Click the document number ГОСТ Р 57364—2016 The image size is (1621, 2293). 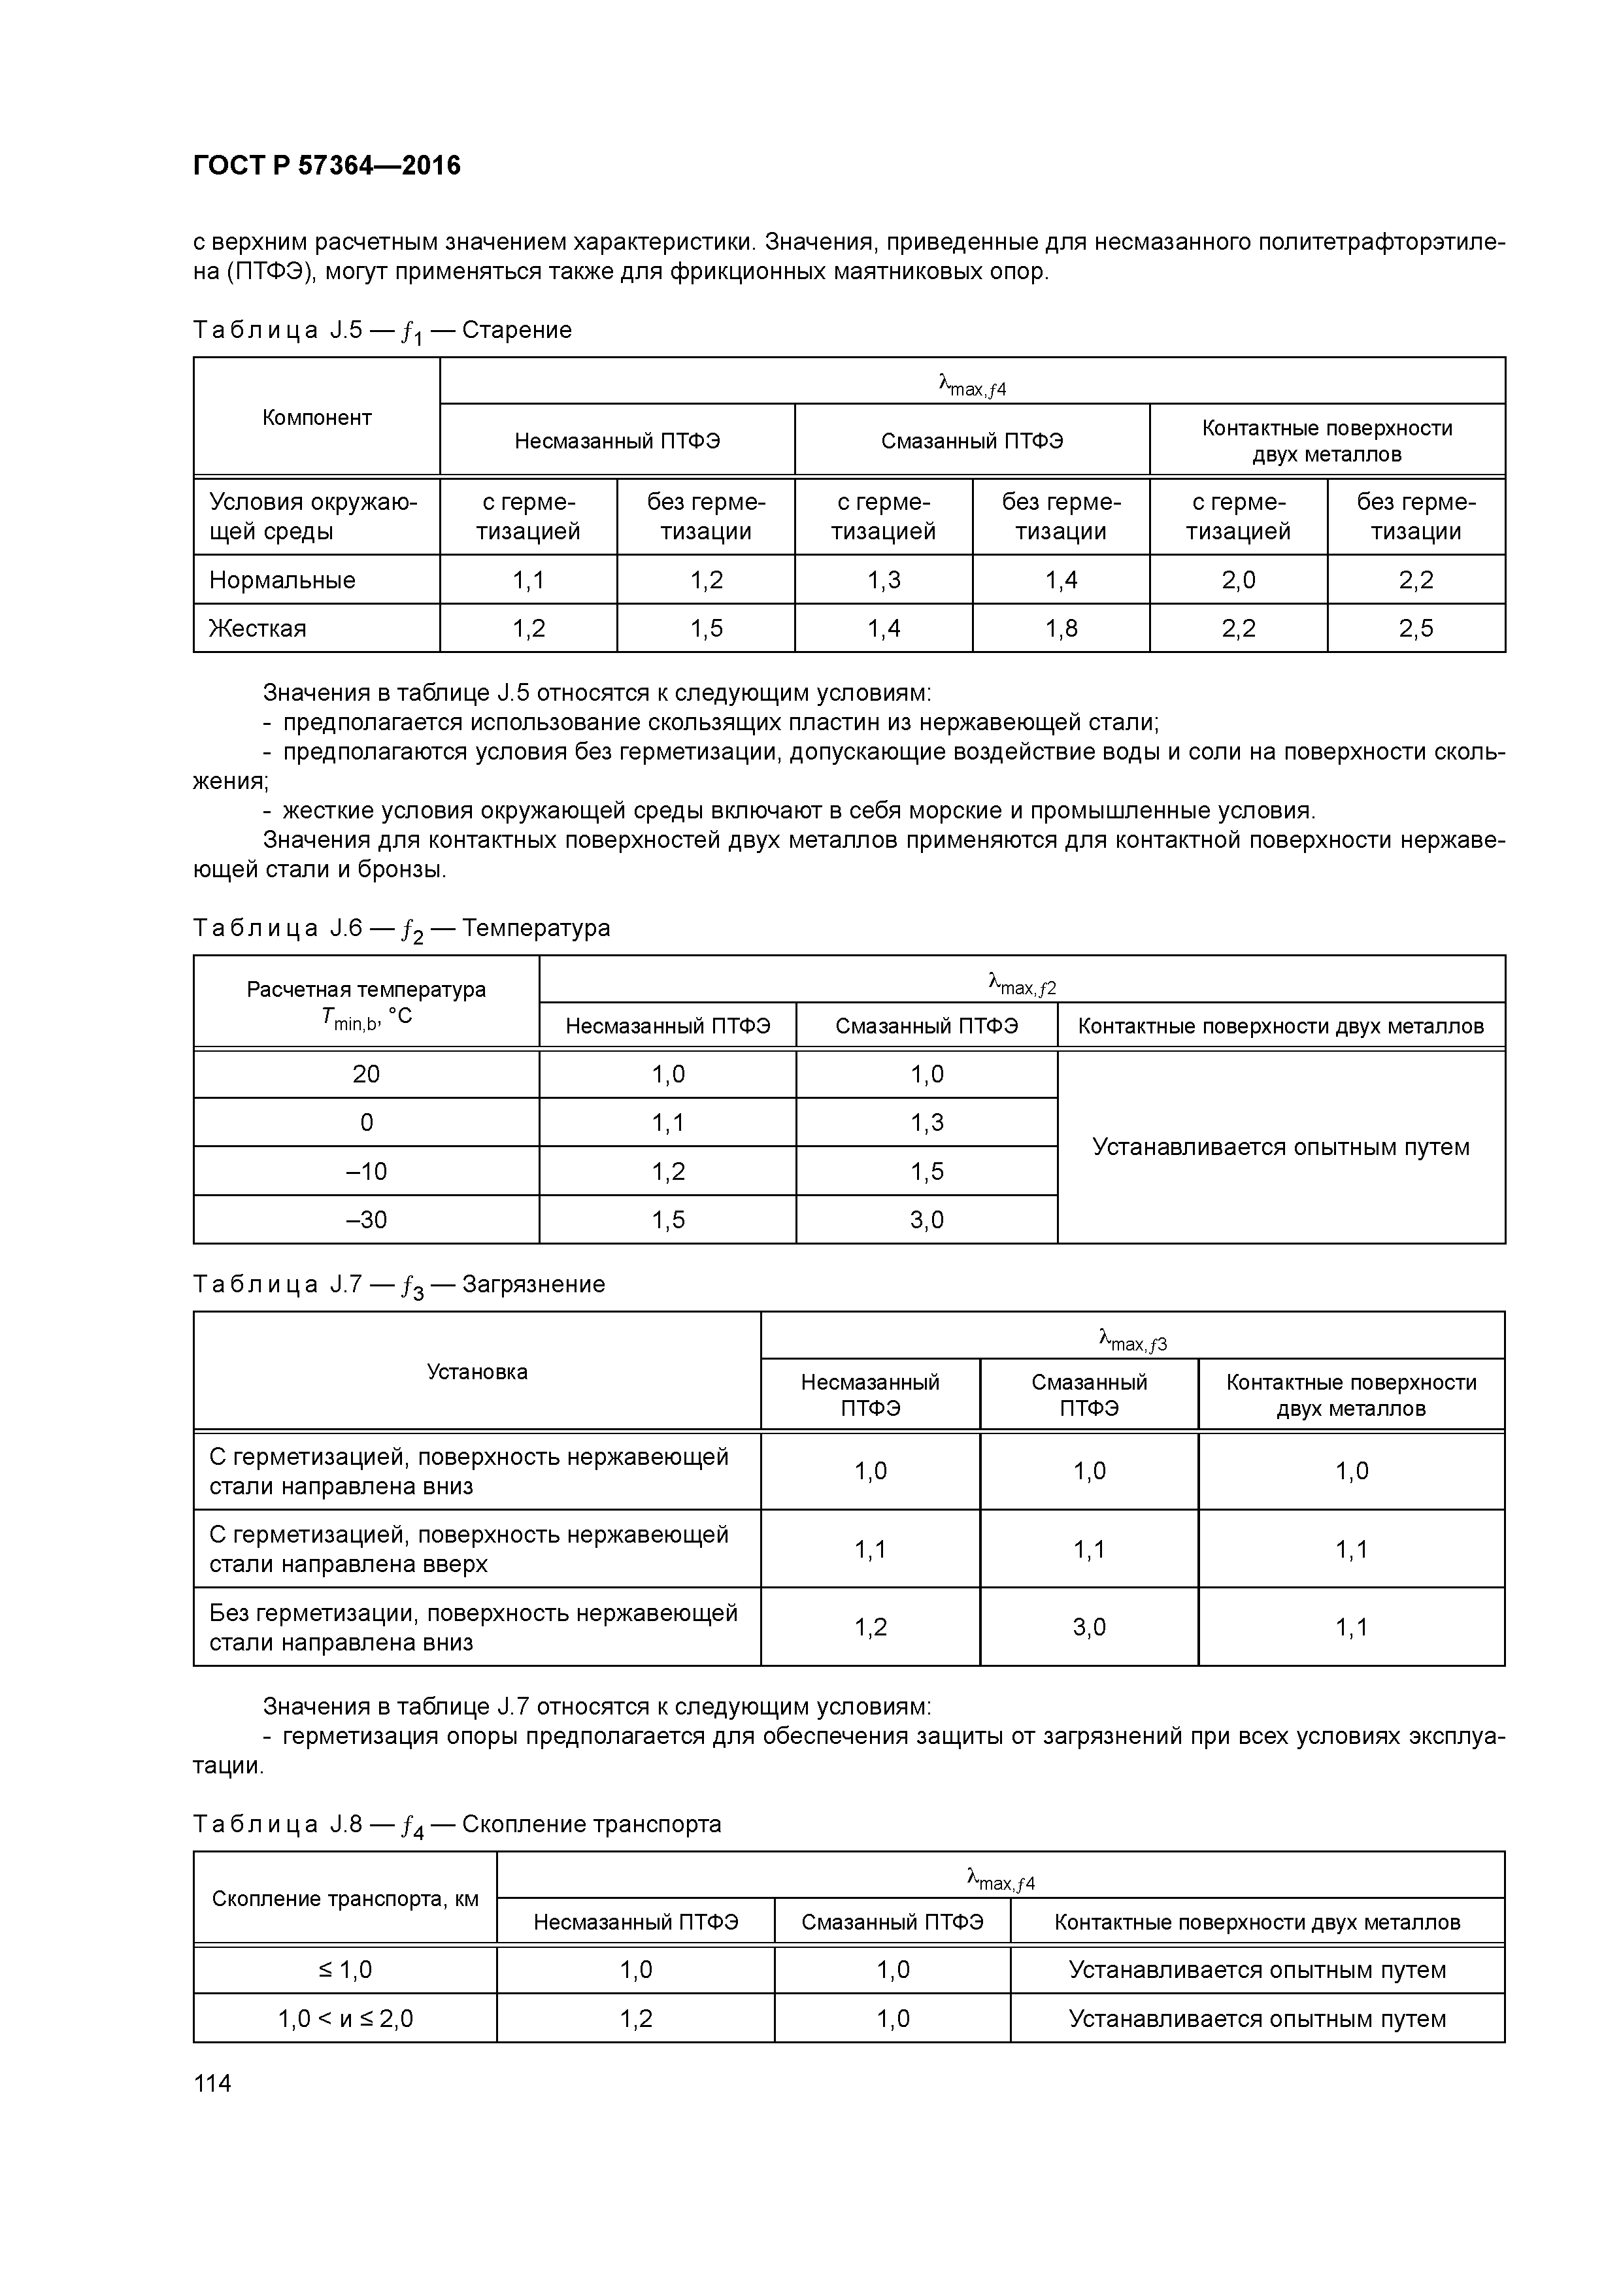click(327, 166)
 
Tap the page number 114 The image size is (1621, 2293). click(212, 2083)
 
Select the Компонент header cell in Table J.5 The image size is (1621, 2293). click(316, 418)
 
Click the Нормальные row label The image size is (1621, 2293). click(282, 580)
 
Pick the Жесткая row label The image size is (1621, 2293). click(258, 628)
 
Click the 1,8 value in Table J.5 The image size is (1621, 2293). click(1061, 628)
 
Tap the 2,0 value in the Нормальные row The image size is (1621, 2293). click(1239, 580)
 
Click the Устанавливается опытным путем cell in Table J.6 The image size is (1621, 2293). click(1280, 1146)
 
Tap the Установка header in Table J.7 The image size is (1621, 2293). click(476, 1372)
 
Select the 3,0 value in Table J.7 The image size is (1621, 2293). click(1089, 1628)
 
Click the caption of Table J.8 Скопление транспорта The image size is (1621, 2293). click(456, 1824)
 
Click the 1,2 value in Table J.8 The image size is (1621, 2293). click(635, 2018)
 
